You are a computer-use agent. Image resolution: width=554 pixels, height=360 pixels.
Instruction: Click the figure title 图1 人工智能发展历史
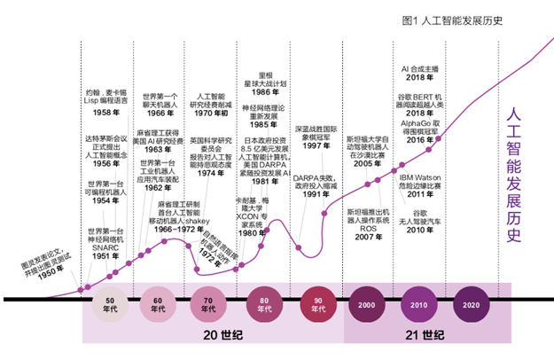(x=452, y=20)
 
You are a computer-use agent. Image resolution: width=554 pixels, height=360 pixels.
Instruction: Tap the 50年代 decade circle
(x=109, y=306)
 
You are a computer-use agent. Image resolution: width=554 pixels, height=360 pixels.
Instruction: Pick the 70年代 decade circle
(x=208, y=306)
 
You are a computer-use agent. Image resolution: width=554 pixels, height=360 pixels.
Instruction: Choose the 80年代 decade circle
(x=263, y=306)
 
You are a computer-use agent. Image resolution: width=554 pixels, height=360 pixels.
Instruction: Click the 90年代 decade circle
(x=317, y=306)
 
